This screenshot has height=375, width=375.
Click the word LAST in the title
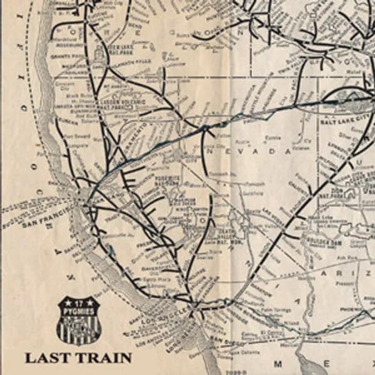[x=47, y=358]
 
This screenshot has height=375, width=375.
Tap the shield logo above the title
[x=79, y=320]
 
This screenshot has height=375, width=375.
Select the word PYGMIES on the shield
[x=79, y=309]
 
